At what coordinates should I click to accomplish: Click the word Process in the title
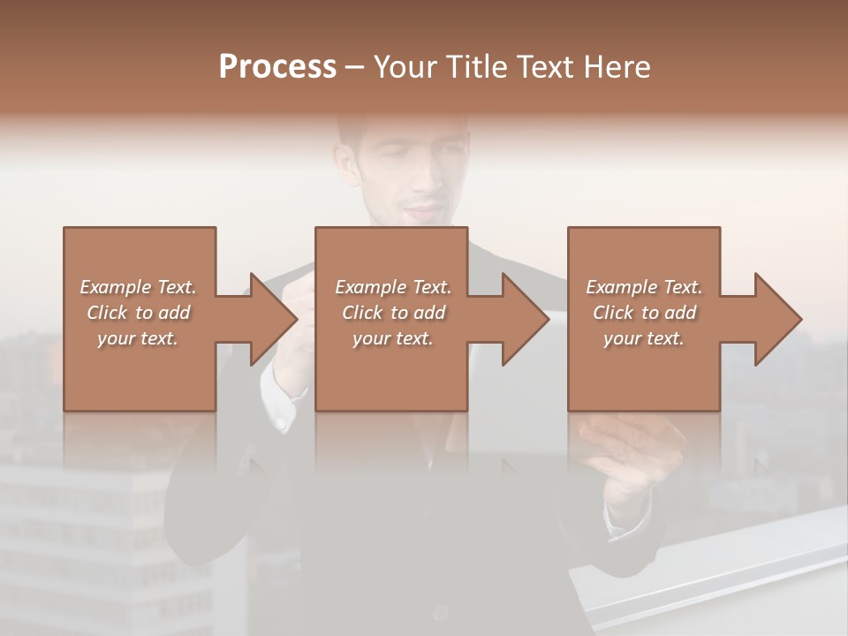pos(277,67)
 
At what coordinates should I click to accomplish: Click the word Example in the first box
pos(116,287)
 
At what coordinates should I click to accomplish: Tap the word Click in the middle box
pos(361,313)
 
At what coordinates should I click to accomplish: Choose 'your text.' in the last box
pos(644,338)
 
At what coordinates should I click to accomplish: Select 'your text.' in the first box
pos(138,338)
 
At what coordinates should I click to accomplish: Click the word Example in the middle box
pos(371,287)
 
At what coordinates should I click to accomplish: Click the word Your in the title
pos(405,67)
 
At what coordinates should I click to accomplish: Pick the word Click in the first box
pos(106,313)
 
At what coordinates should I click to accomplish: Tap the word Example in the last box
pos(622,287)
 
